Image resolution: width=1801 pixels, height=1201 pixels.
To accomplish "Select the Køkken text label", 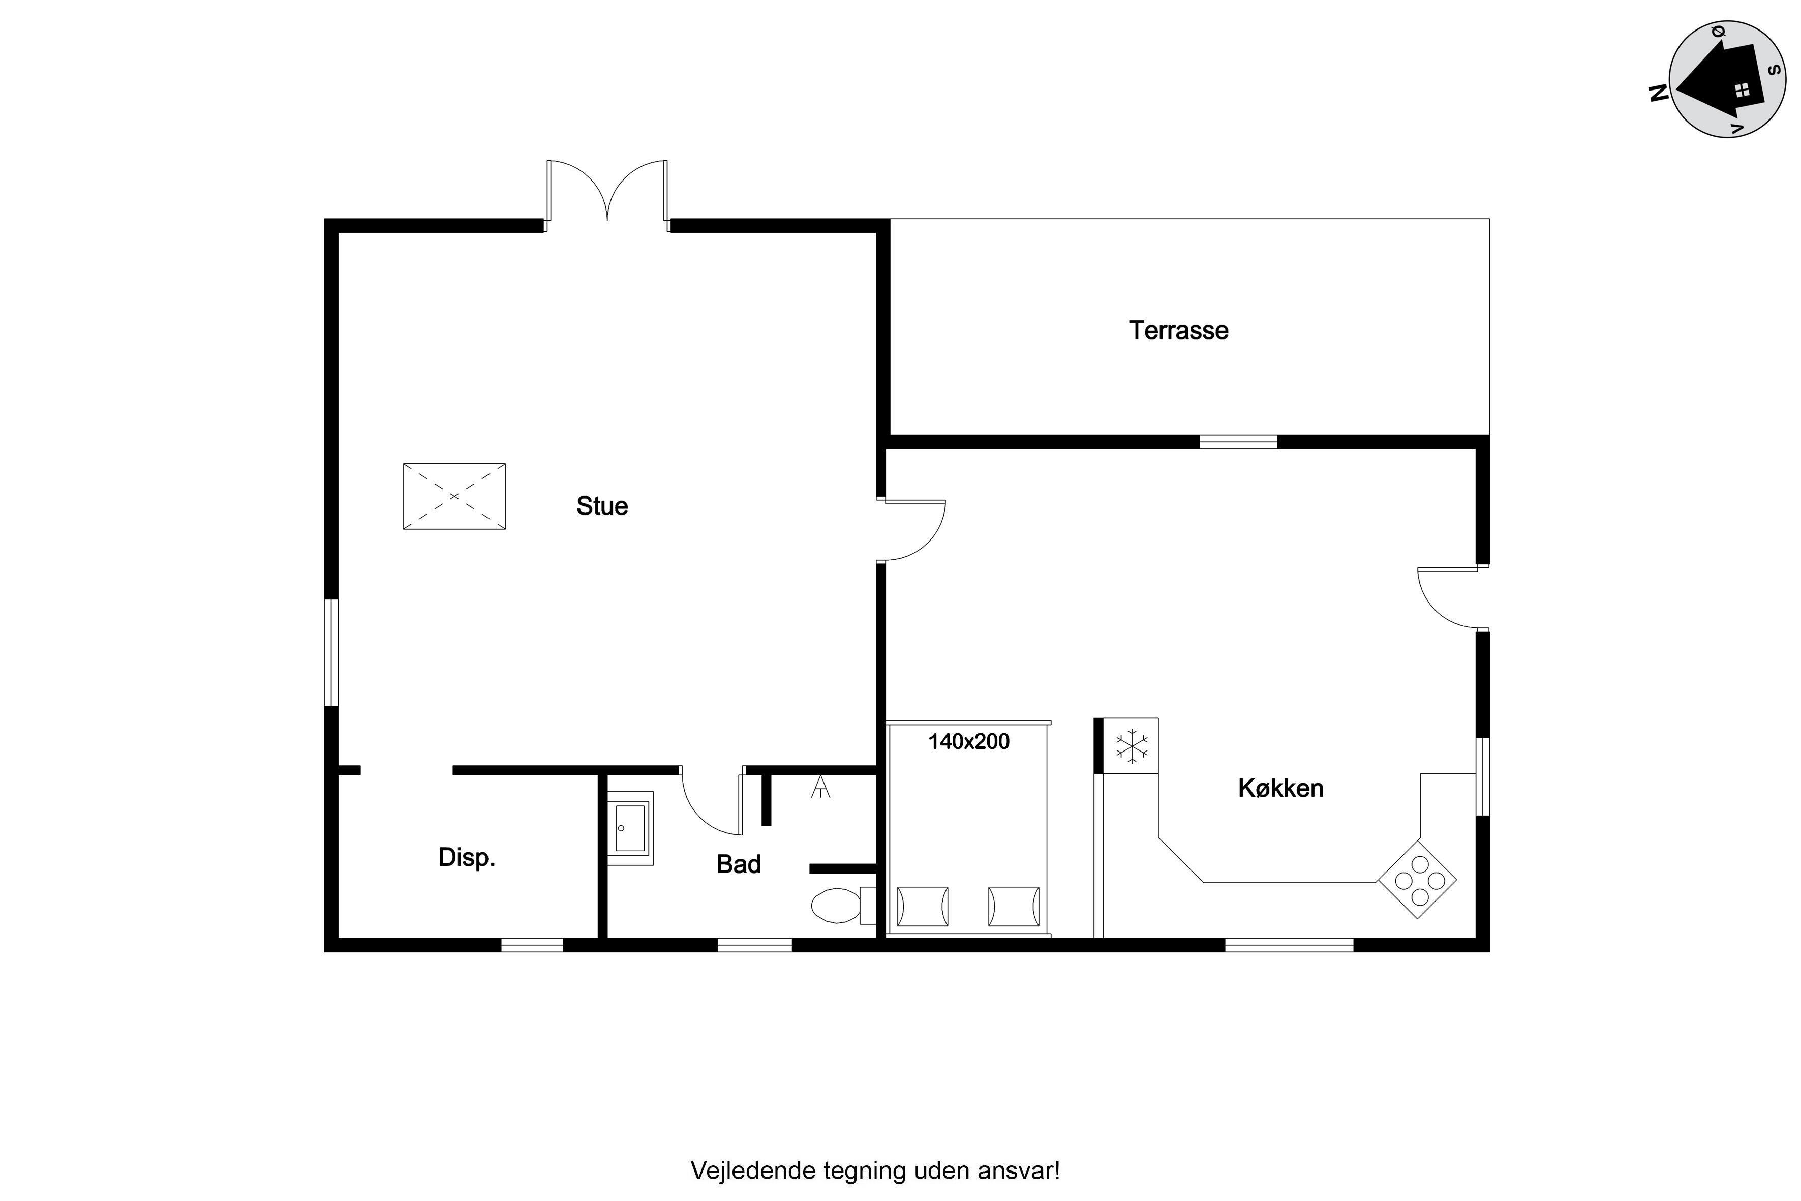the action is pyautogui.click(x=1280, y=788).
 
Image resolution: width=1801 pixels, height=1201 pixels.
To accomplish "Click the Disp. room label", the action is pyautogui.click(x=466, y=858).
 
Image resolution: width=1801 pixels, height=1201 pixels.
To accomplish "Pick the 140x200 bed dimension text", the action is pyautogui.click(x=969, y=741).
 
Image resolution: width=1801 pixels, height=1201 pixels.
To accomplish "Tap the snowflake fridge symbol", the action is pyautogui.click(x=1132, y=747).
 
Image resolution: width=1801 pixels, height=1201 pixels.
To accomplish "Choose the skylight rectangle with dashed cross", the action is pyautogui.click(x=454, y=496).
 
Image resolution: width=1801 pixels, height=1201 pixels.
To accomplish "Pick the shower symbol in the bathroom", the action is pyautogui.click(x=820, y=787).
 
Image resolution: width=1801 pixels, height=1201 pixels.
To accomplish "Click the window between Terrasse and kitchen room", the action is pyautogui.click(x=1238, y=442).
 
